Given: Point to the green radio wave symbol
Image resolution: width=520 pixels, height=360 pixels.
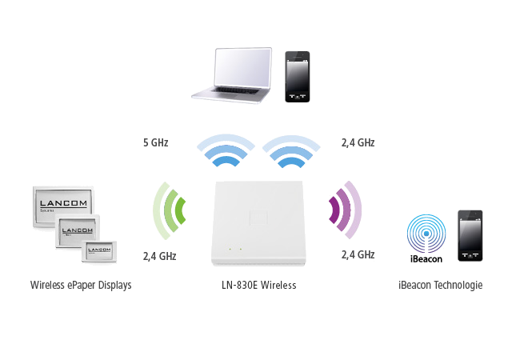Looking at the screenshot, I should coord(170,212).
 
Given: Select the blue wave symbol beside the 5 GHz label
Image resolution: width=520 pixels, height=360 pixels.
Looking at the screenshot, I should coord(221,152).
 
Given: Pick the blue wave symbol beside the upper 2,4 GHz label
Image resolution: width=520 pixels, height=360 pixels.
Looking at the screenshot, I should coord(292,152).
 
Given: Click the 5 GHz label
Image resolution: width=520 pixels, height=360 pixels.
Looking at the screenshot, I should coord(154,142).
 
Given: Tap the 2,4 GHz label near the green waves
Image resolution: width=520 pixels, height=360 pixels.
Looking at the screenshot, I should coord(158,256).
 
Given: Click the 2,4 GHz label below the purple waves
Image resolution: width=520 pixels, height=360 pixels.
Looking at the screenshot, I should coord(358,255).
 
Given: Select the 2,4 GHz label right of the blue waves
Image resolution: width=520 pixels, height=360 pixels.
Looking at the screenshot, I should coord(358,142).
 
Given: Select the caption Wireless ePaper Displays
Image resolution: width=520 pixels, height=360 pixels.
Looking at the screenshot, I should coord(82,285).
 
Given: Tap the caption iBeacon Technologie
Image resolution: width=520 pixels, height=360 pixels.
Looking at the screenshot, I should coord(442,285).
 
